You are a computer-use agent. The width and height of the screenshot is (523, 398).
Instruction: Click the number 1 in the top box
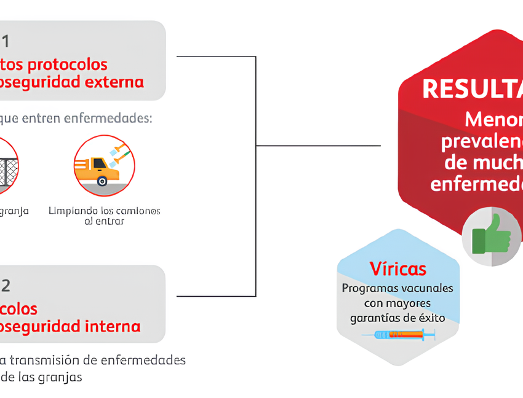click(5, 42)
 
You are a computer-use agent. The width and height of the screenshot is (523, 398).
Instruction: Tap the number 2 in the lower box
click(6, 286)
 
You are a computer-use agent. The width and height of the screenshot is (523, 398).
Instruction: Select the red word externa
click(112, 82)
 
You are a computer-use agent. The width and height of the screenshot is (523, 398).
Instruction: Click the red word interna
click(111, 326)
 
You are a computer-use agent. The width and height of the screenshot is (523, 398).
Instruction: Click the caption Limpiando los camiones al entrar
click(105, 216)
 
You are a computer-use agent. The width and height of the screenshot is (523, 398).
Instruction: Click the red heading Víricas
click(397, 269)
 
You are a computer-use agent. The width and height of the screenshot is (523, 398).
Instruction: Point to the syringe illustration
click(399, 335)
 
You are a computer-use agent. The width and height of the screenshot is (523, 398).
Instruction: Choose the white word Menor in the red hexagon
click(493, 119)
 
